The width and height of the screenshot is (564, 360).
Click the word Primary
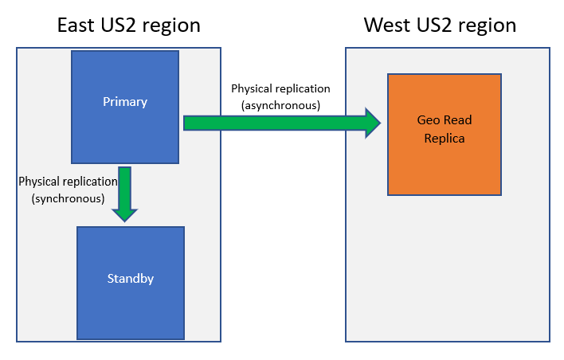click(125, 102)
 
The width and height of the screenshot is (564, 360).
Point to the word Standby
click(131, 279)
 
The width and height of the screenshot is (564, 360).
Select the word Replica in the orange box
click(445, 138)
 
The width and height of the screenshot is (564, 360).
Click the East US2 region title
click(129, 25)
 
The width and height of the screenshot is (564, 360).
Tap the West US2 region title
click(441, 25)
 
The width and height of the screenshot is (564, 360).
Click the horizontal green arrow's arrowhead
click(372, 123)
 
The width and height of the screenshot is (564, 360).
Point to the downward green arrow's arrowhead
click(124, 212)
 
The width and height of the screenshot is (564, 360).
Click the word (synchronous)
click(69, 199)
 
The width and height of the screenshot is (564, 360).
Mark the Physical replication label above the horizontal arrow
click(280, 89)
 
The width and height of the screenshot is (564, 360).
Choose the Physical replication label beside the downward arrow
click(68, 182)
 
